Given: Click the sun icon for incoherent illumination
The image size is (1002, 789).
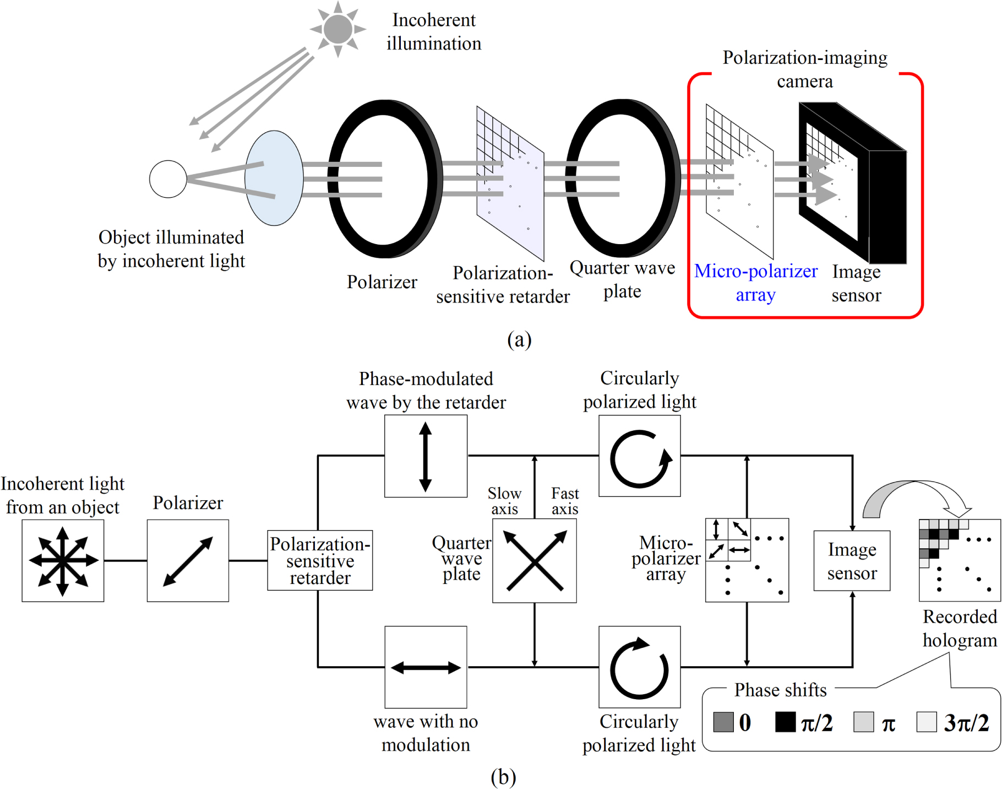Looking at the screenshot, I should point(337,29).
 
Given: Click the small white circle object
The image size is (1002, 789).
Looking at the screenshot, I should point(168,179).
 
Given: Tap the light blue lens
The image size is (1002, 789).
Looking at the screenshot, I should point(274,178).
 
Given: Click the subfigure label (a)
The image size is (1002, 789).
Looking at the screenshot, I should point(519,339).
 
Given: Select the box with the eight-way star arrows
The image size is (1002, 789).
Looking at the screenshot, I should point(63,561).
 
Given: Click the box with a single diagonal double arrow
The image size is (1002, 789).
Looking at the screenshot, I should point(188,561).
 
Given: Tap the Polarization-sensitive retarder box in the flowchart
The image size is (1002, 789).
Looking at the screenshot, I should point(320,561).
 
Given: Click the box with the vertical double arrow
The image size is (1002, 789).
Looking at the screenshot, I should point(426,456).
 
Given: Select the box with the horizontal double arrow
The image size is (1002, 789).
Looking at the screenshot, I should point(426,667).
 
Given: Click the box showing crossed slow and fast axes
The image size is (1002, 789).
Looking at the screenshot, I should point(534,561).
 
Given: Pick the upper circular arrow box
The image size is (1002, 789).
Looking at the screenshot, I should point(639,456).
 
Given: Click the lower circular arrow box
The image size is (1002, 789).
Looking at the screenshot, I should point(639,667).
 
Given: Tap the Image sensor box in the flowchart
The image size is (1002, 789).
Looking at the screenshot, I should point(852,561).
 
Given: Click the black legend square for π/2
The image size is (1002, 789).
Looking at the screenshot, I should point(785,722).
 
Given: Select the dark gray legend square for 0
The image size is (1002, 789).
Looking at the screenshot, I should point(723,722).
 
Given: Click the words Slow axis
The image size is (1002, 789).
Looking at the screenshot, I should point(504,501).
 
